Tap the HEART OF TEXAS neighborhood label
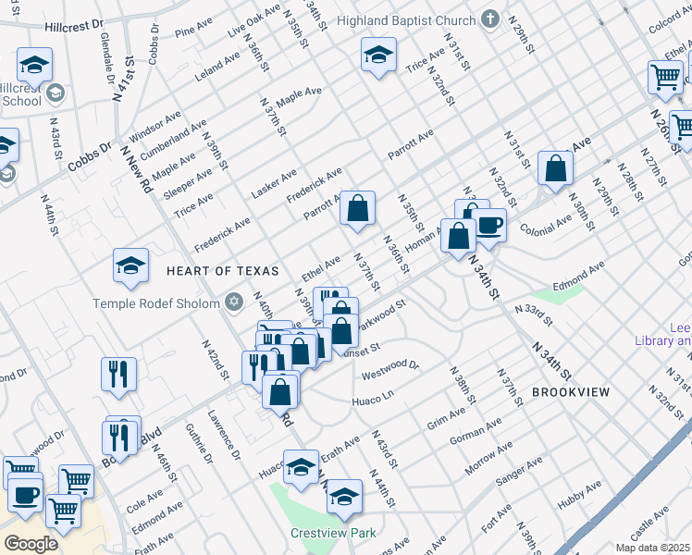pos(222,271)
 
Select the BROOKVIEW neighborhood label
pos(570,392)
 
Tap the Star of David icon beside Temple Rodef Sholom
pos(233,302)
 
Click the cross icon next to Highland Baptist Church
pos(491,18)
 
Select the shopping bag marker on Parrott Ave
pos(357,210)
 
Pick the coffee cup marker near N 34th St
pos(488,225)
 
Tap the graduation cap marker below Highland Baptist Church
pos(377,55)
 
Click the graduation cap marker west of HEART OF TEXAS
pos(130,266)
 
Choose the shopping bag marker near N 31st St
pos(555,169)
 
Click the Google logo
pos(31,544)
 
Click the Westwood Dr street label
pos(390,371)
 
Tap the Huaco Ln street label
pos(373,399)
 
